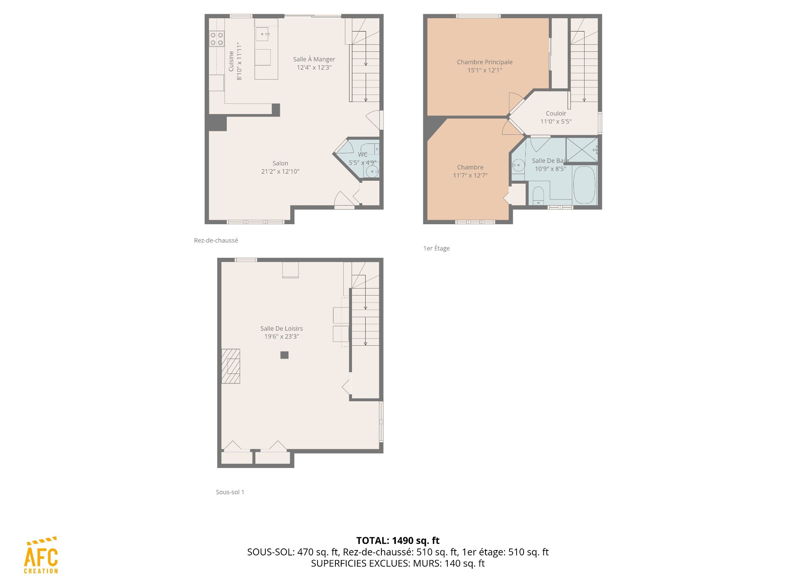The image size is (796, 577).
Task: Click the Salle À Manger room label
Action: coord(314,59)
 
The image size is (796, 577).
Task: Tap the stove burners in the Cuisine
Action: coord(216,39)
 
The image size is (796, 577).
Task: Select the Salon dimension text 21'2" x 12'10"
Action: coord(280,171)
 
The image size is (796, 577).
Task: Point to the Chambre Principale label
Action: coord(485,62)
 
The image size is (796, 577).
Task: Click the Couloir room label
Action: coord(556,113)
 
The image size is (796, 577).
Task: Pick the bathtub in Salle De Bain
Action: coord(585,185)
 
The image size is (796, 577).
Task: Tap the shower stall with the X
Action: coord(582,149)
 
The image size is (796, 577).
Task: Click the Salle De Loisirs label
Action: coord(282,328)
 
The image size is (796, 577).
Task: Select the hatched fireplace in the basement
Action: coord(231,366)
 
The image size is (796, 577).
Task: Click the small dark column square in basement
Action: coord(284,355)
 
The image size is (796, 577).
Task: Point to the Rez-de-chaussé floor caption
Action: coord(216,240)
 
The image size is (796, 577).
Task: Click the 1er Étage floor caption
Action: coord(437,248)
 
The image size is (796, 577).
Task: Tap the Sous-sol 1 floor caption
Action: coord(230,492)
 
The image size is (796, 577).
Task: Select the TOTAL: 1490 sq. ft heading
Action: coord(398,541)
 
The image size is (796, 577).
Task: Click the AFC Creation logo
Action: coord(41,555)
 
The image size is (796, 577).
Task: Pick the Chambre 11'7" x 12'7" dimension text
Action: coord(470,175)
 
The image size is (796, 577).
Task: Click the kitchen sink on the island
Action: coord(262,34)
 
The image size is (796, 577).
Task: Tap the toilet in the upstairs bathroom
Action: coord(538,196)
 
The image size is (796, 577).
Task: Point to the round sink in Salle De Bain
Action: coord(518,165)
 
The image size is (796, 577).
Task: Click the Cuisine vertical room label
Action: coord(231,61)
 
